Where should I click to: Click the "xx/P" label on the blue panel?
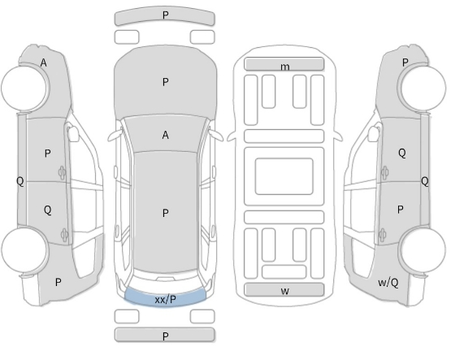[166, 299]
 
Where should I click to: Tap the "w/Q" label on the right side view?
[388, 282]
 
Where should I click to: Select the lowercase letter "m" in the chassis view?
[285, 67]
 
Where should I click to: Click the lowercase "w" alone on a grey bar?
[285, 291]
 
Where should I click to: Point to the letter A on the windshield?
[166, 135]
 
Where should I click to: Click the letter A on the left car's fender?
[43, 63]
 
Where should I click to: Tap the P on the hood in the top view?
[166, 82]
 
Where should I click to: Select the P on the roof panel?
[166, 214]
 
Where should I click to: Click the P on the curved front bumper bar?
[166, 15]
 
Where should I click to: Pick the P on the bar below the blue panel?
[166, 336]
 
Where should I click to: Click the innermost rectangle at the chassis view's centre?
[284, 176]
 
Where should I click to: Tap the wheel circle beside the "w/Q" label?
[422, 249]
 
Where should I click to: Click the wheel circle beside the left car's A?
[24, 88]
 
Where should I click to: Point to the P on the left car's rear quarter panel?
[58, 282]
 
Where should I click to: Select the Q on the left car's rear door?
[48, 210]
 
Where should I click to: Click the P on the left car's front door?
[48, 154]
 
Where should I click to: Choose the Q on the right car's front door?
[402, 153]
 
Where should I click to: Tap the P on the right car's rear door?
[400, 210]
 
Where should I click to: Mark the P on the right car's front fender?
[405, 62]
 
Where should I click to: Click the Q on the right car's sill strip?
[424, 181]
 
